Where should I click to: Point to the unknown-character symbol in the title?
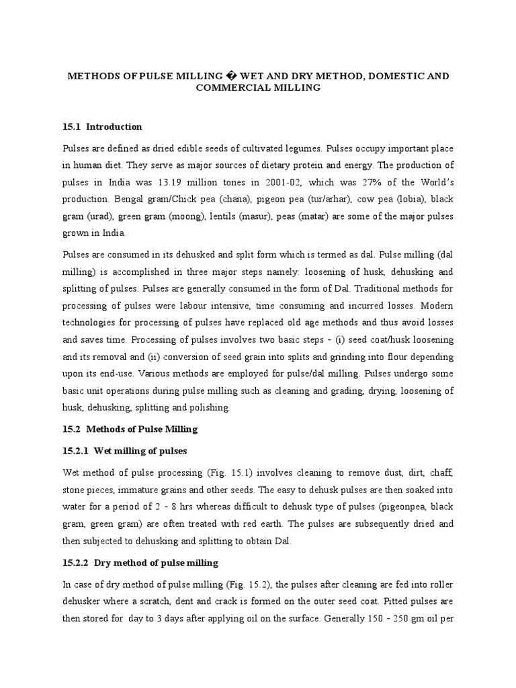coord(216,77)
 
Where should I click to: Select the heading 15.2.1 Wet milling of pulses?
coord(124,450)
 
